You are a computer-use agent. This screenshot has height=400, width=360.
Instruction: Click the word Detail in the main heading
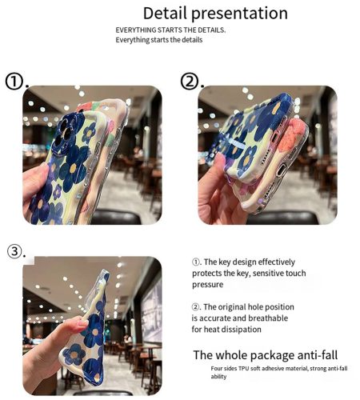pyautogui.click(x=165, y=13)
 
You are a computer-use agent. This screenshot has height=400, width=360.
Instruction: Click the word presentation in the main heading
pyautogui.click(x=239, y=14)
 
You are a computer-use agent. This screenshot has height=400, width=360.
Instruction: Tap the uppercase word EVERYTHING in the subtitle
pyautogui.click(x=136, y=30)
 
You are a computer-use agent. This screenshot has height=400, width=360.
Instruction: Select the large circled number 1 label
pyautogui.click(x=14, y=82)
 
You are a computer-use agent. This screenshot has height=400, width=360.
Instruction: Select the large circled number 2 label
pyautogui.click(x=190, y=81)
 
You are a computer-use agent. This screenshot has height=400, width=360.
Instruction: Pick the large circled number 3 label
pyautogui.click(x=14, y=251)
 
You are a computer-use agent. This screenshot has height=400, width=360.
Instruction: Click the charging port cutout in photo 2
pyautogui.click(x=281, y=170)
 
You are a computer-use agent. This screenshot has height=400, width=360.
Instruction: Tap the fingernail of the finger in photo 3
pyautogui.click(x=83, y=323)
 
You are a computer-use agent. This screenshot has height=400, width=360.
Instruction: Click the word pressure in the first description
pyautogui.click(x=208, y=285)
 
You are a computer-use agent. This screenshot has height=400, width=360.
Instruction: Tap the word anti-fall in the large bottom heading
pyautogui.click(x=318, y=355)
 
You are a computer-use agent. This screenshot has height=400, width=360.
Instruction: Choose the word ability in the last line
pyautogui.click(x=218, y=377)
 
